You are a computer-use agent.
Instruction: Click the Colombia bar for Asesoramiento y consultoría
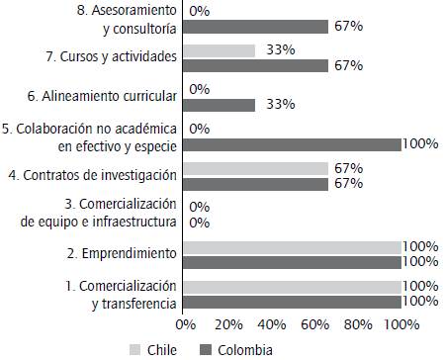256,27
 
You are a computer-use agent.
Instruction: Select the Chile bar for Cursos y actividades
220,50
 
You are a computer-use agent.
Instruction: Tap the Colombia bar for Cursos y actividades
256,65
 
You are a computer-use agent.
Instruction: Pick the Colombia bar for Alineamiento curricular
220,105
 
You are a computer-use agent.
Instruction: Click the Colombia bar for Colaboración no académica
292,143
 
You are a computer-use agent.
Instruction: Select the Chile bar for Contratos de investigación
256,168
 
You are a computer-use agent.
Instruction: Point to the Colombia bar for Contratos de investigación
256,183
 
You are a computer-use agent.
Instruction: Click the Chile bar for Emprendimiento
292,246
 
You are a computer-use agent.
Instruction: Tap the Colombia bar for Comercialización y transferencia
292,300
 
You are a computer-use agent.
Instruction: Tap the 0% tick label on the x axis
184,323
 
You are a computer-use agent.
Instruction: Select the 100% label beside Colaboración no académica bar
421,144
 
